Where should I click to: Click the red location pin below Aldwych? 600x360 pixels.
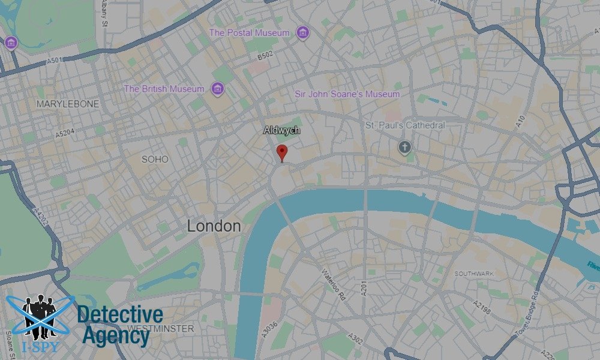pos(281,152)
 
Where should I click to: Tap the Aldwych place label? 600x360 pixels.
pos(281,130)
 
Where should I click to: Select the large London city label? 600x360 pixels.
pos(214,226)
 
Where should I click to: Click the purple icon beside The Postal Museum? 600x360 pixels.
pos(303,33)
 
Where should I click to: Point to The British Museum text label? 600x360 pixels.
pos(164,89)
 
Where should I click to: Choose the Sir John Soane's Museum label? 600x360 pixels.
pos(347,94)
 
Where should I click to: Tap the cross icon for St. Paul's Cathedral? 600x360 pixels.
pos(405,147)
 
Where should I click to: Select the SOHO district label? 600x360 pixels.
pos(155,159)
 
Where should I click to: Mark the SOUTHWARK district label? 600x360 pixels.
pos(474,274)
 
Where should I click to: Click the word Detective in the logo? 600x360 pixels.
pos(120,314)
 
